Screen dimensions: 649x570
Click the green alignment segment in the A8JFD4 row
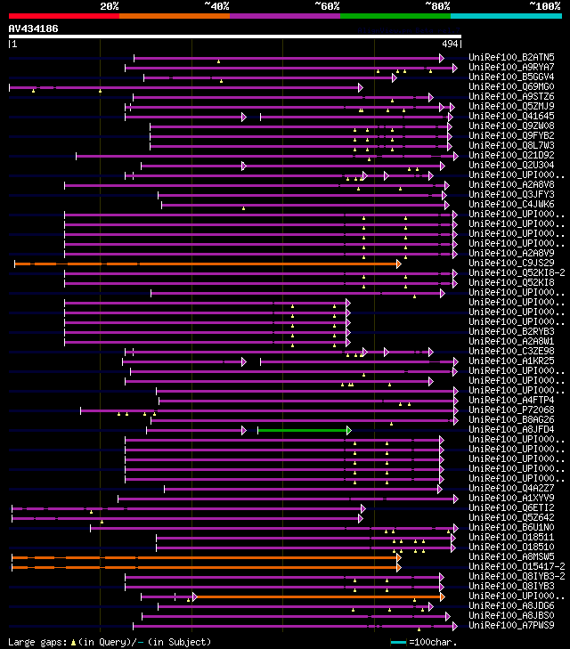pos(303,430)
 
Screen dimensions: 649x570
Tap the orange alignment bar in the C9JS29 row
pos(205,264)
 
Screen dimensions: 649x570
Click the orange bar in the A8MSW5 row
pos(205,557)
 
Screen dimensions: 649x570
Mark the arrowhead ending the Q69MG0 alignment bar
pos(360,87)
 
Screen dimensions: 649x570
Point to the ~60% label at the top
pos(327,6)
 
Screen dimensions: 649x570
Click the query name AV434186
pos(33,28)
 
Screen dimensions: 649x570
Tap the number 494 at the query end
pos(450,43)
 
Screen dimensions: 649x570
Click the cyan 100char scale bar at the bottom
pos(398,642)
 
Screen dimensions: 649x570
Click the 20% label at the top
pos(110,6)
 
